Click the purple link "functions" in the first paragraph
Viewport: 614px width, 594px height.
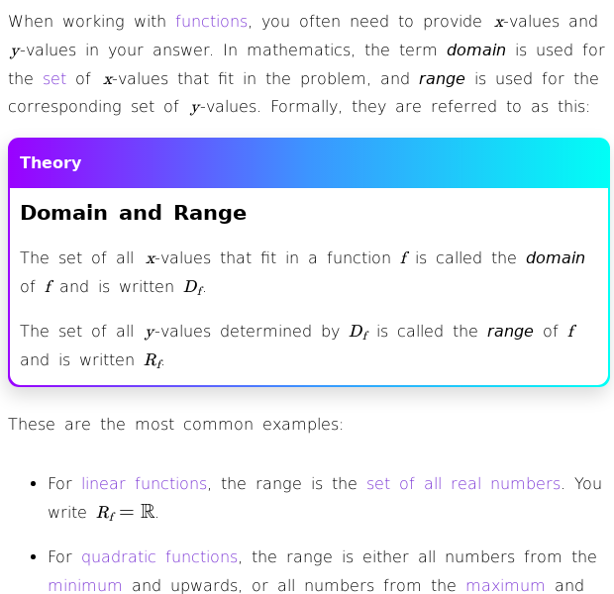[x=211, y=21]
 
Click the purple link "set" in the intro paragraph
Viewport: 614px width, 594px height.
[x=53, y=78]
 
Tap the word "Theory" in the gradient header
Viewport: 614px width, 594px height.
[x=51, y=163]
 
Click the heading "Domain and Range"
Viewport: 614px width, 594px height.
[x=133, y=213]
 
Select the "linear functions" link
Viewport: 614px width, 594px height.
[x=144, y=483]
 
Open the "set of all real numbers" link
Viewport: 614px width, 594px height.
[x=463, y=483]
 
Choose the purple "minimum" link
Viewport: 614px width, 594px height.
[x=84, y=585]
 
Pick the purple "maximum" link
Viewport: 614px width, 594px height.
[x=505, y=585]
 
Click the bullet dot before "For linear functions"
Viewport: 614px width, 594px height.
[x=34, y=484]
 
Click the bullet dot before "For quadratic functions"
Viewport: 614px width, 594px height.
[x=34, y=557]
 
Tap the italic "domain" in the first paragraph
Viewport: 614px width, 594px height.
[x=475, y=49]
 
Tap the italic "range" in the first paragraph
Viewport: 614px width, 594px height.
[x=441, y=78]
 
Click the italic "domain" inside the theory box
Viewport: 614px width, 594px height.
[x=555, y=257]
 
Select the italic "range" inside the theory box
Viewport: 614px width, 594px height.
[x=509, y=331]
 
